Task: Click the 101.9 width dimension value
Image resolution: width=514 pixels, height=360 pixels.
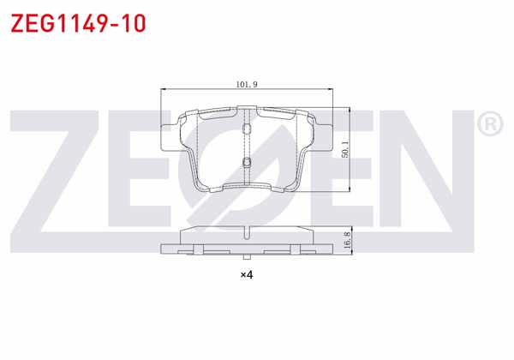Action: point(248,84)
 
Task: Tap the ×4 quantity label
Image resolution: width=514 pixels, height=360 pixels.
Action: point(247,274)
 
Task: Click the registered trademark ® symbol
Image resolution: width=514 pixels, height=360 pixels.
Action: point(491,126)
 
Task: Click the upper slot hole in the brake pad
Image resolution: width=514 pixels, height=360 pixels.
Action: point(247,129)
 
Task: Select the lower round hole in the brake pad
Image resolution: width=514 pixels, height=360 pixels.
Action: point(247,163)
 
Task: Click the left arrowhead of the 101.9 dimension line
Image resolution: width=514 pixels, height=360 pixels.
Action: point(164,90)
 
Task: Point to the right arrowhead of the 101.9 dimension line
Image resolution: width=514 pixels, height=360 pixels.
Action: point(331,90)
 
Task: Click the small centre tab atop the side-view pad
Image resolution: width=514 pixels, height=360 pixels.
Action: point(247,226)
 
